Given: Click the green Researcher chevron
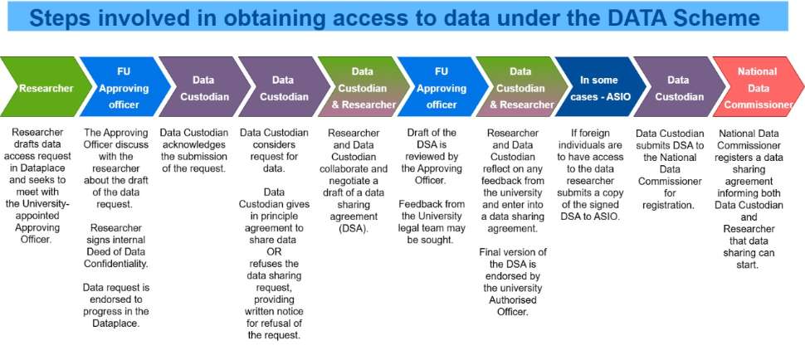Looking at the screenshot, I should (x=41, y=88).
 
